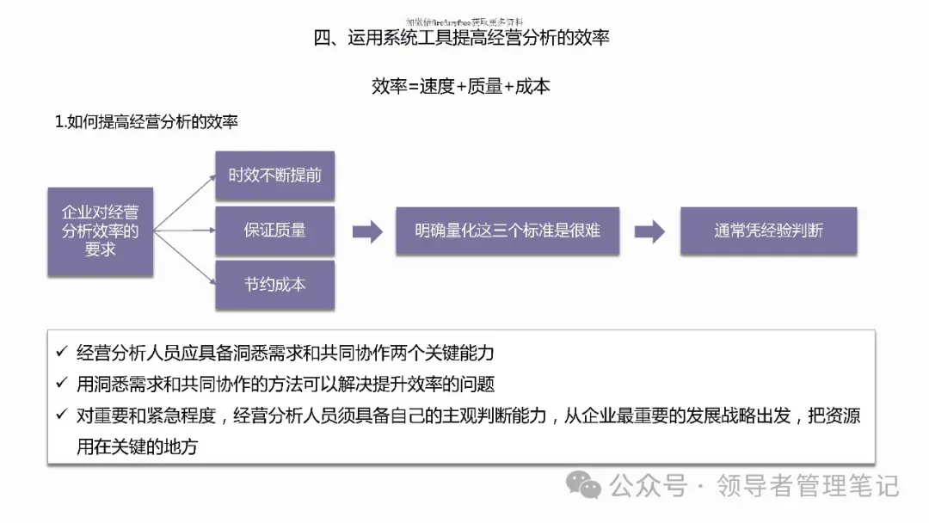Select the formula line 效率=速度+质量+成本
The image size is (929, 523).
[461, 86]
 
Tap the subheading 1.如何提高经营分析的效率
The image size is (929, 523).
[146, 122]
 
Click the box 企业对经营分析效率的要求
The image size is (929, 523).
[101, 231]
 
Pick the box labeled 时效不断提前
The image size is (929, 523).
[274, 175]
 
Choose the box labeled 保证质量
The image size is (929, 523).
[274, 231]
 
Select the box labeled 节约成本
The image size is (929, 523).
[274, 284]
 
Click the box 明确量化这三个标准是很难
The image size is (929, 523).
[507, 231]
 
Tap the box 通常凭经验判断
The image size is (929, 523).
[768, 231]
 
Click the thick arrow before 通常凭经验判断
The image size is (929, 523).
[649, 231]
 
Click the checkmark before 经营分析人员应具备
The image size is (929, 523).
[60, 352]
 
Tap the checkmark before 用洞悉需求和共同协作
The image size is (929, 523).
[60, 384]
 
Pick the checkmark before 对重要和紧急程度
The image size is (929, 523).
[60, 415]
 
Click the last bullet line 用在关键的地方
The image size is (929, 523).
[137, 447]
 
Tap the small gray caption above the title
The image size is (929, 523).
[464, 22]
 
